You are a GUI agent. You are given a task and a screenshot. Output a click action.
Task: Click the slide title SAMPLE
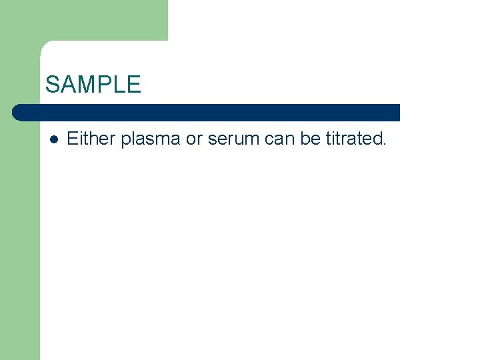93,85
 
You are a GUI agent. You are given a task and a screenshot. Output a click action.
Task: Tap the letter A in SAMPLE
67,85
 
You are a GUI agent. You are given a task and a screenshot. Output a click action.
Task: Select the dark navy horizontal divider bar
207,113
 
